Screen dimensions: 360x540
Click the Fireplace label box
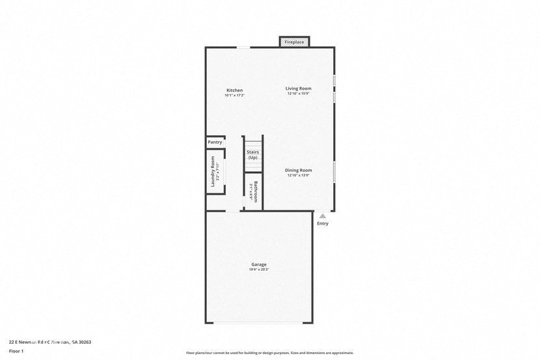pyautogui.click(x=294, y=42)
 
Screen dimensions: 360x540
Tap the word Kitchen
pyautogui.click(x=234, y=90)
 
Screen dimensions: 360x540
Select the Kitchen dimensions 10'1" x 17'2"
pyautogui.click(x=234, y=96)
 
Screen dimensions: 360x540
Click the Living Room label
pyautogui.click(x=298, y=89)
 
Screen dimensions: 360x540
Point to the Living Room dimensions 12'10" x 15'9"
pyautogui.click(x=298, y=94)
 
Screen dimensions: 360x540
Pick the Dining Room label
pyautogui.click(x=298, y=170)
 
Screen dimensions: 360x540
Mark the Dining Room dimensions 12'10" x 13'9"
pyautogui.click(x=298, y=175)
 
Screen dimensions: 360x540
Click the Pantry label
pyautogui.click(x=215, y=142)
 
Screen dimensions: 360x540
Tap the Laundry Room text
pyautogui.click(x=213, y=171)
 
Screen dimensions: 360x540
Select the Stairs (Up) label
pyautogui.click(x=252, y=155)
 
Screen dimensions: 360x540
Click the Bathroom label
pyautogui.click(x=256, y=191)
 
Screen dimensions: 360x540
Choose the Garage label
pyautogui.click(x=259, y=264)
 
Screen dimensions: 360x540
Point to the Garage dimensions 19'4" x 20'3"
pyautogui.click(x=259, y=270)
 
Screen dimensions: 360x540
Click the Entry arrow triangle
pyautogui.click(x=323, y=215)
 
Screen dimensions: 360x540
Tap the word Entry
pyautogui.click(x=323, y=223)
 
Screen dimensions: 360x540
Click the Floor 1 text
pyautogui.click(x=16, y=351)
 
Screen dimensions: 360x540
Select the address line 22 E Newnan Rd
pyautogui.click(x=50, y=342)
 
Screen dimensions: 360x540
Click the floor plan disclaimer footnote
pyautogui.click(x=270, y=353)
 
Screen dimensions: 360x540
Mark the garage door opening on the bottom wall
pyautogui.click(x=259, y=323)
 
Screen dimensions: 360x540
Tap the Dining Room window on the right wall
pyautogui.click(x=334, y=172)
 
